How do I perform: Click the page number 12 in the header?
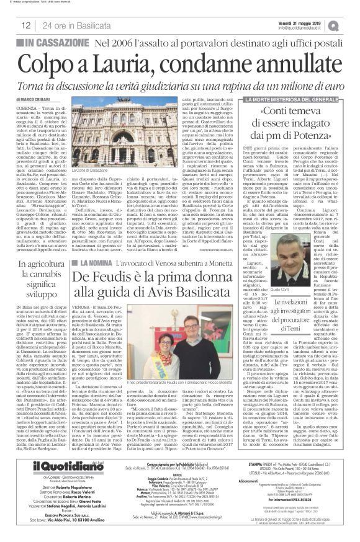coord(26,25)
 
